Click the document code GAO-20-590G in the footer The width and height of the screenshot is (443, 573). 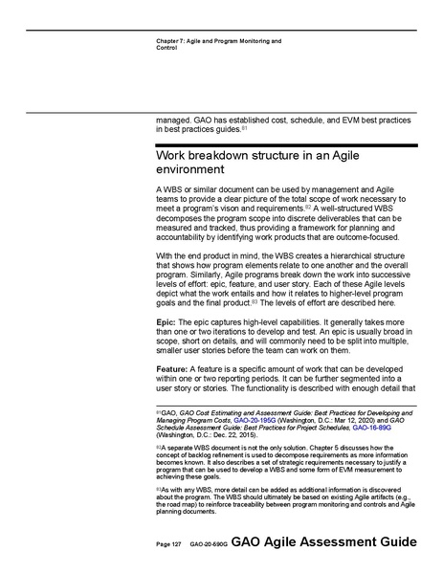pos(205,543)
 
